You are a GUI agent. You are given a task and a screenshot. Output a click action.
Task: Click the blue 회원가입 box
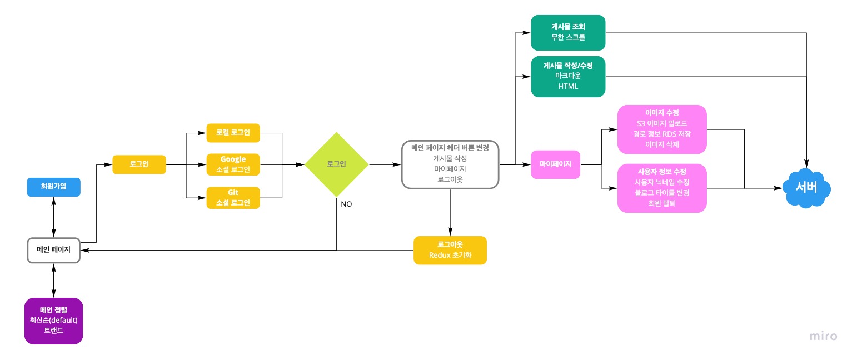(x=54, y=187)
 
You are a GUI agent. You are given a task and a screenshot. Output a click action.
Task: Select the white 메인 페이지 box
(x=54, y=251)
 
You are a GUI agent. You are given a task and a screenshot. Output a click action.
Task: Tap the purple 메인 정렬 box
(x=54, y=321)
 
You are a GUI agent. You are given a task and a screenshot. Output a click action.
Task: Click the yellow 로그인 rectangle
(x=139, y=164)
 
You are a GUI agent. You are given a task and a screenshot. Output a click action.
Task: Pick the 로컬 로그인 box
(x=233, y=133)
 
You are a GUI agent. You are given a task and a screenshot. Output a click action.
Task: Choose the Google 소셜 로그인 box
(x=233, y=164)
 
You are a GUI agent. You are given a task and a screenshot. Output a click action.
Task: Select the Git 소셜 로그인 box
(x=233, y=197)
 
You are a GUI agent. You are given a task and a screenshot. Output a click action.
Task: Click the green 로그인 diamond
(x=336, y=164)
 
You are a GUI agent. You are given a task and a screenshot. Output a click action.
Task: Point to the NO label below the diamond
(x=346, y=204)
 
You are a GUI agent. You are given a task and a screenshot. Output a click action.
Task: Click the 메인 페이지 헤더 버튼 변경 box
(x=450, y=164)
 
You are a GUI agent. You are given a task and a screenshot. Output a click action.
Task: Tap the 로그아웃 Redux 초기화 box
(x=450, y=251)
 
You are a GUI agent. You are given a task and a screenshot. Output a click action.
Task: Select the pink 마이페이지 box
(x=555, y=164)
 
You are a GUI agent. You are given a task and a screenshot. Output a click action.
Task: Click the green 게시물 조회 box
(x=568, y=32)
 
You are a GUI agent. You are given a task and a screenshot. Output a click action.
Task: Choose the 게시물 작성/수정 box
(x=568, y=76)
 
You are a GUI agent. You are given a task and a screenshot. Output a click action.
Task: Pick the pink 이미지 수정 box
(x=662, y=129)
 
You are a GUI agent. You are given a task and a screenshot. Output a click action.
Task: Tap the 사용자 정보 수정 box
(x=662, y=188)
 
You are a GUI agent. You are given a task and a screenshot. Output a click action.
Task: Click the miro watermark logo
(x=823, y=336)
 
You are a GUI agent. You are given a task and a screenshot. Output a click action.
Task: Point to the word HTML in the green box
(x=568, y=87)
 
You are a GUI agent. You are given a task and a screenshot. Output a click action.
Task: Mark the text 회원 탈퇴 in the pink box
(x=662, y=203)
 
